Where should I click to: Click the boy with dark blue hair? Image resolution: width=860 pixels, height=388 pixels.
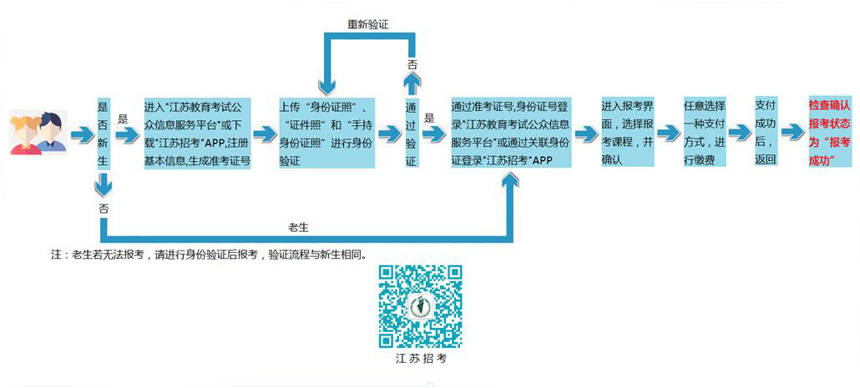pyautogui.click(x=52, y=132)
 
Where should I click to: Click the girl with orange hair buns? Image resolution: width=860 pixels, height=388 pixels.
pyautogui.click(x=27, y=134)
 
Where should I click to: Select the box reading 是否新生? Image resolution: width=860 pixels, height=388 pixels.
pyautogui.click(x=103, y=134)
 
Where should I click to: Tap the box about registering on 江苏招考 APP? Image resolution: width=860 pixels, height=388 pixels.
pyautogui.click(x=197, y=134)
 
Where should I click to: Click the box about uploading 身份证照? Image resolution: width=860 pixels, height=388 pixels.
pyautogui.click(x=327, y=134)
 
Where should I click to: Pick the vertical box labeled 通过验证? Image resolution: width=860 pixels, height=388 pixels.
pyautogui.click(x=412, y=134)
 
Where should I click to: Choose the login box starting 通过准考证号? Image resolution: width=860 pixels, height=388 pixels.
pyautogui.click(x=511, y=134)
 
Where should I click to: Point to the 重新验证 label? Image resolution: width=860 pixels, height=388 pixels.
pyautogui.click(x=368, y=24)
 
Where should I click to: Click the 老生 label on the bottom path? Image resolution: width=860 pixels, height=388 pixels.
pyautogui.click(x=298, y=227)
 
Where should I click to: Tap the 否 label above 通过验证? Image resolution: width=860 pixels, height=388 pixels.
pyautogui.click(x=412, y=64)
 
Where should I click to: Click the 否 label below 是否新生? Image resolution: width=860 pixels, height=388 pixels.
pyautogui.click(x=103, y=208)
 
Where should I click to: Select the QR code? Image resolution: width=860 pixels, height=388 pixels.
pyautogui.click(x=421, y=306)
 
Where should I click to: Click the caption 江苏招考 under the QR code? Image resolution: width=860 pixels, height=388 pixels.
pyautogui.click(x=421, y=360)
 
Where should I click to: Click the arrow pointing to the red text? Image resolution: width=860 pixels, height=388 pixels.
pyautogui.click(x=793, y=132)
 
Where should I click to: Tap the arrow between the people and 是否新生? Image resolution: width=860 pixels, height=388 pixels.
pyautogui.click(x=83, y=134)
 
